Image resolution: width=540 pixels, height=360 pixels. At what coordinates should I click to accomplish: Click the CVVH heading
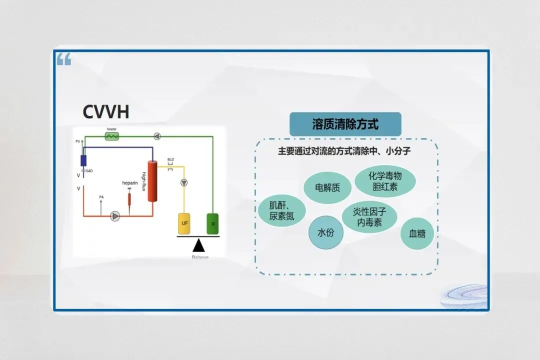click(x=106, y=112)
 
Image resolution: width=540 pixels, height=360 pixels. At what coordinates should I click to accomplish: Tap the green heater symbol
click(x=111, y=136)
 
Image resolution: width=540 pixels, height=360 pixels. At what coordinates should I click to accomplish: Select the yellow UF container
click(x=184, y=223)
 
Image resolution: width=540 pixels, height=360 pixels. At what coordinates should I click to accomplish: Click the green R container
click(x=213, y=223)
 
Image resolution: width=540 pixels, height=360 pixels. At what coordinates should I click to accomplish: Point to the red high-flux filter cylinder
click(x=152, y=181)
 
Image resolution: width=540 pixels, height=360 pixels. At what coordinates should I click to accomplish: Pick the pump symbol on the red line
click(x=115, y=216)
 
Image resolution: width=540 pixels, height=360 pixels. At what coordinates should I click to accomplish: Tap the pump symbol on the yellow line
click(x=185, y=182)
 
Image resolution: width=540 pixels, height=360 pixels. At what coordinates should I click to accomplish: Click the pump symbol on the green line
click(x=157, y=136)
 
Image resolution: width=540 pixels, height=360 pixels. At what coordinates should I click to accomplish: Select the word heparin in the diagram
click(x=129, y=183)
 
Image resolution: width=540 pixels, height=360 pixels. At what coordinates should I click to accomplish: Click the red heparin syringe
click(x=129, y=198)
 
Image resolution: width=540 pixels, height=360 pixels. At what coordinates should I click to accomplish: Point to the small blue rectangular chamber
click(x=83, y=160)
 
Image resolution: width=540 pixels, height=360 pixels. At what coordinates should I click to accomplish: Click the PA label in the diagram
click(x=101, y=197)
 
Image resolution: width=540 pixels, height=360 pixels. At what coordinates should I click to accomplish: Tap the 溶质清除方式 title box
click(x=345, y=124)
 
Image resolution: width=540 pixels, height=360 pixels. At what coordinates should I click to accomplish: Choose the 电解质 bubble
click(x=327, y=188)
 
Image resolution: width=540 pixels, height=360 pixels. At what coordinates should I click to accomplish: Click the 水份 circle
click(x=325, y=233)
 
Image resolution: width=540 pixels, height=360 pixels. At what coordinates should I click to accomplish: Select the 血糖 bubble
click(x=417, y=233)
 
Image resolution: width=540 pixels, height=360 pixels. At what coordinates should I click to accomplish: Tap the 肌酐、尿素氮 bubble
click(x=281, y=211)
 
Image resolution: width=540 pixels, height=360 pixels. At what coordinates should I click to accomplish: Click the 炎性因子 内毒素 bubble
click(x=369, y=217)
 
